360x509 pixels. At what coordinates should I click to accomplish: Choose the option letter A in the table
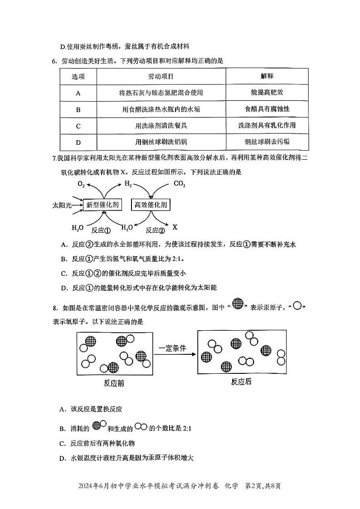[78, 93]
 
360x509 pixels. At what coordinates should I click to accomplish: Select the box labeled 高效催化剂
[151, 205]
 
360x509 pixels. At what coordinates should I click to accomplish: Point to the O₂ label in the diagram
[81, 184]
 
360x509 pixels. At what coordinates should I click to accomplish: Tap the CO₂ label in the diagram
[180, 184]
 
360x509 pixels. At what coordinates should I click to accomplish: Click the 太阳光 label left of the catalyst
[62, 206]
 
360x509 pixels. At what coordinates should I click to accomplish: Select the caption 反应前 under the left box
[114, 383]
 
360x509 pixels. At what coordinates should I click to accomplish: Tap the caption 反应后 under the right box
[241, 382]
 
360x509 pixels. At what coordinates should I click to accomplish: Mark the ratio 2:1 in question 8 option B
[186, 428]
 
